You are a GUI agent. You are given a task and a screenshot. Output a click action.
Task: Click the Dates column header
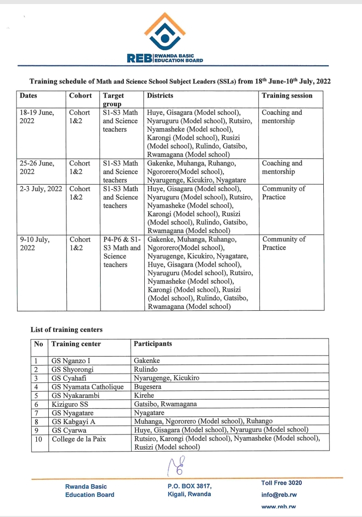click(29, 96)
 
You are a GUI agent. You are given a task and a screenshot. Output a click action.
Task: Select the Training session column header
click(287, 96)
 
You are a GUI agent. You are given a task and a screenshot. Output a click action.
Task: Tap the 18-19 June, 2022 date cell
click(37, 117)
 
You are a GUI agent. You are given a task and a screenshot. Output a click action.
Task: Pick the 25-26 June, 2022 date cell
click(37, 167)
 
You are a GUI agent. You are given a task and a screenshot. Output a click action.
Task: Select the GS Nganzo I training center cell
click(71, 361)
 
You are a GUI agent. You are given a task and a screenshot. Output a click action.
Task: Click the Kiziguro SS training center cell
click(70, 404)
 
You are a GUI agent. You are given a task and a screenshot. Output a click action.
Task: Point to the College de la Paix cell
click(79, 439)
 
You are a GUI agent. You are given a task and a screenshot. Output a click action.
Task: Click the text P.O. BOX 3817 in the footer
click(190, 486)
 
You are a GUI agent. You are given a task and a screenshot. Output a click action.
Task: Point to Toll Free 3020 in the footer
click(282, 483)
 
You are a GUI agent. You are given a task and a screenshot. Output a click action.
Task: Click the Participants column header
click(153, 344)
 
